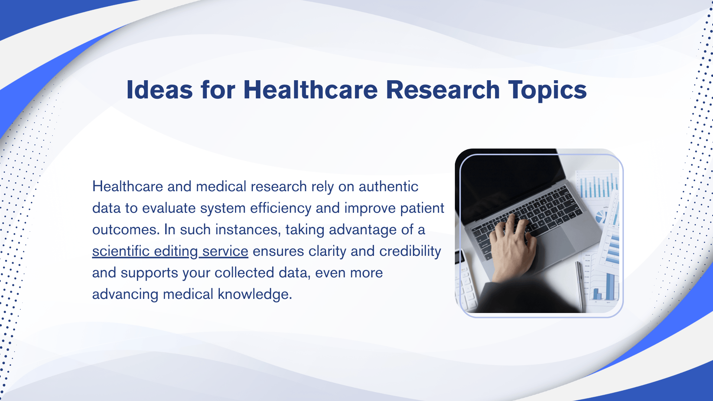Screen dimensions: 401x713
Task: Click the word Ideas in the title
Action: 160,90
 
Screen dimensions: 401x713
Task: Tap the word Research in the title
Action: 443,90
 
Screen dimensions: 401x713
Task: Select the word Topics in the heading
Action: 547,90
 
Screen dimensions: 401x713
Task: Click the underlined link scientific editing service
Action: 170,251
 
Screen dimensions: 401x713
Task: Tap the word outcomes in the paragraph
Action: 126,229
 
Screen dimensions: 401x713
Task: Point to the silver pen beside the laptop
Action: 580,286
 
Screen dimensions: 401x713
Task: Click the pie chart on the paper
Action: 600,216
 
